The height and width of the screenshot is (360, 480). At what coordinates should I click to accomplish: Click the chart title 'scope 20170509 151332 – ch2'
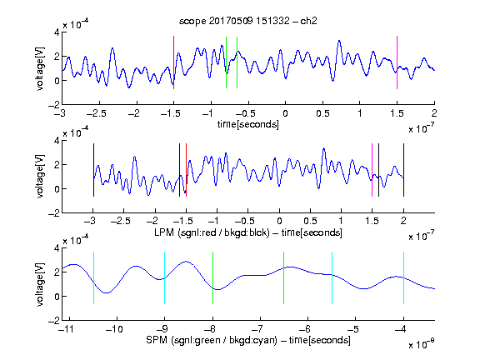[248, 21]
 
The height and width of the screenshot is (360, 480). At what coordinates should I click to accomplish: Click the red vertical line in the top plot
[173, 62]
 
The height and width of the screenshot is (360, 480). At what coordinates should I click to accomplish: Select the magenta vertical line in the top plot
[397, 62]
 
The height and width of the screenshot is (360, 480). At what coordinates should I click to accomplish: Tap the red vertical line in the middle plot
[186, 170]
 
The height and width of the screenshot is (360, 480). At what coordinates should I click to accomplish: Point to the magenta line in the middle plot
[372, 170]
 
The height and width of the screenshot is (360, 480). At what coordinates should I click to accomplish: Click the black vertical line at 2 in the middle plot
[403, 170]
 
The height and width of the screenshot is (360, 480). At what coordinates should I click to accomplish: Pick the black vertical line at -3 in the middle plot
[93, 170]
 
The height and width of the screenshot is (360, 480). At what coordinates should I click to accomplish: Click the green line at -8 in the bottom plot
[212, 278]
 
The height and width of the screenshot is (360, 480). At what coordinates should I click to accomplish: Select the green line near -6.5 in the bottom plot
[284, 278]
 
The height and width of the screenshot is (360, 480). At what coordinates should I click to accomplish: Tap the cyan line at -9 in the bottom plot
[165, 278]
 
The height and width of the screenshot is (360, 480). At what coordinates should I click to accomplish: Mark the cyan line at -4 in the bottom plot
[403, 278]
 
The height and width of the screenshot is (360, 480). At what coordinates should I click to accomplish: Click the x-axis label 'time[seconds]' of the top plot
[248, 125]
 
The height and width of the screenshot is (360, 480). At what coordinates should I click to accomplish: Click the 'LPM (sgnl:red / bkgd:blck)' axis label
[212, 232]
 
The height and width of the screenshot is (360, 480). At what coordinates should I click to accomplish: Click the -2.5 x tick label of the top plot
[97, 113]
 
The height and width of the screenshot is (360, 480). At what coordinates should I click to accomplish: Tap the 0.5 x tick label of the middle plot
[310, 221]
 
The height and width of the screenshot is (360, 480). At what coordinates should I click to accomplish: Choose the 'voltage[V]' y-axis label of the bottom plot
[40, 285]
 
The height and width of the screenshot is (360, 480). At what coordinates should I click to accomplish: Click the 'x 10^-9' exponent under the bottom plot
[422, 343]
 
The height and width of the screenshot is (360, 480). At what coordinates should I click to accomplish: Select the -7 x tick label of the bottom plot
[259, 329]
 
